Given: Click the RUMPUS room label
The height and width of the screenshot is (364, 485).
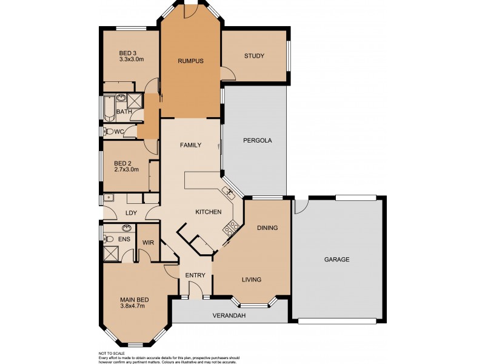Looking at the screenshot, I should pos(190,61).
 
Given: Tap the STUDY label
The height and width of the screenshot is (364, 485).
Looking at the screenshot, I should pos(254,56).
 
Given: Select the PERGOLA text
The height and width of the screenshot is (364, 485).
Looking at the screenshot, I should pos(257,140).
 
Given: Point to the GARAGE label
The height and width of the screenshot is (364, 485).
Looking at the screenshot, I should pos(336,259).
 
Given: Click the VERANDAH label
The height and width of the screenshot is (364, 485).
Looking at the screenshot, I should pos(229,316).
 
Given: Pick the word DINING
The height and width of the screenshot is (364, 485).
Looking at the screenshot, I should pos(267,228).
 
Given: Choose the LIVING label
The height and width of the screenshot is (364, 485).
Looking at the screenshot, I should pos(251,280).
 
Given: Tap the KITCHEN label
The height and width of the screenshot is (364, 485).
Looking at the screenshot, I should pos(208,212).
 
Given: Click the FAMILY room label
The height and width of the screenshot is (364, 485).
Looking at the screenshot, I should pos(190,145).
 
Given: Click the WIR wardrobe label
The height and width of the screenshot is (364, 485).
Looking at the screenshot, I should pos(148,243).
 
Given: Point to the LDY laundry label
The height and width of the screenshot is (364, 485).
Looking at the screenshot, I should pos(130,212).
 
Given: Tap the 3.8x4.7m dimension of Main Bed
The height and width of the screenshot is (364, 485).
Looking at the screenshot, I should pos(134,306).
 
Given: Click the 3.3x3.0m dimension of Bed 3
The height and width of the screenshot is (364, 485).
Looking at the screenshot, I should pos(131,59).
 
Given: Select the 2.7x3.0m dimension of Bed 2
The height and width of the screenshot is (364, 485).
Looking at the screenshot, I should pos(127,169).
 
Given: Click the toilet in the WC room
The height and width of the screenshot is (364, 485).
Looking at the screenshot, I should pos(110,131).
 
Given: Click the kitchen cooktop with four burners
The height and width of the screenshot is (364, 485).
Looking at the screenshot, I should pos(231,229).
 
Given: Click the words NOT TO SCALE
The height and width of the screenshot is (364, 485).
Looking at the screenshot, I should pos(112,353).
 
